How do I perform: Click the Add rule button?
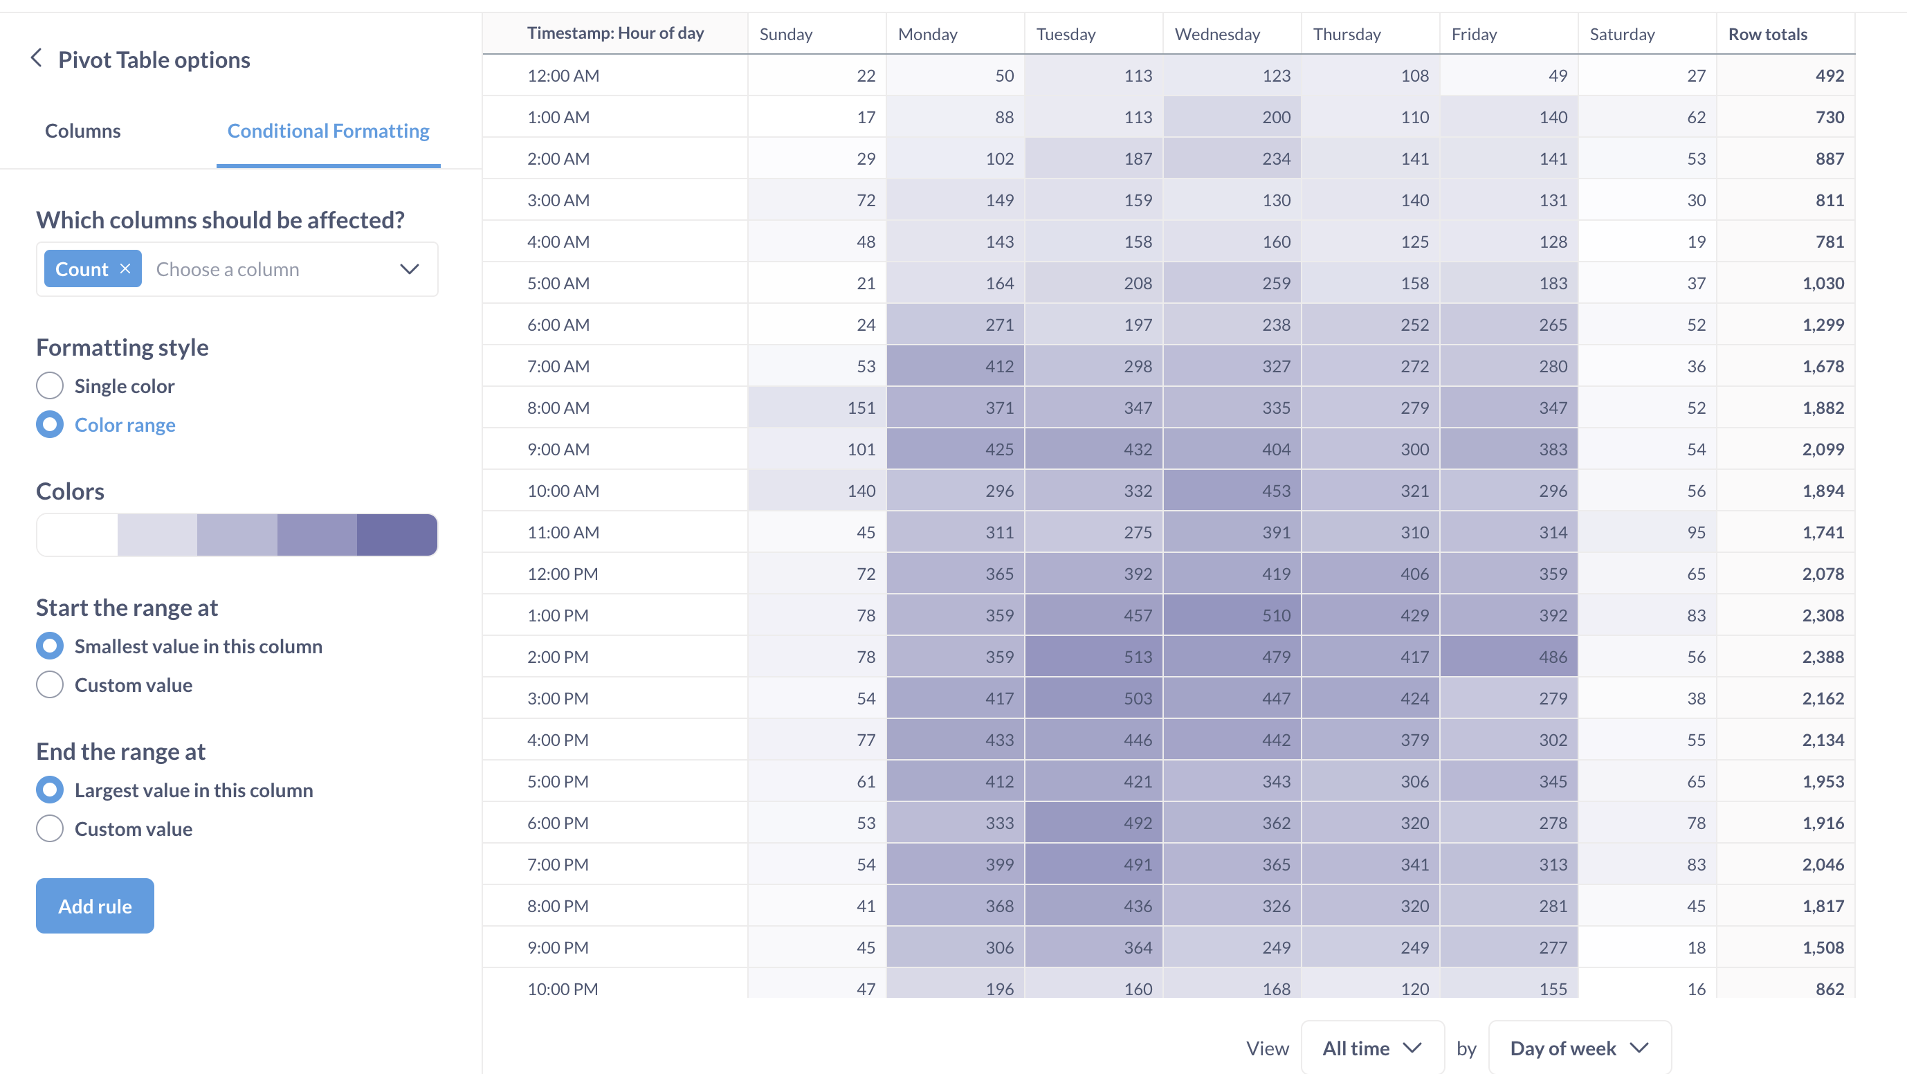95,905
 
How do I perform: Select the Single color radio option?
50,385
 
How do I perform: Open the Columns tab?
82,130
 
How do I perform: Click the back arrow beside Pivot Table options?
36,57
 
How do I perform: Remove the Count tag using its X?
125,268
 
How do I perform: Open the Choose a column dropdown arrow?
410,268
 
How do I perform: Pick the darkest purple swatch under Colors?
396,534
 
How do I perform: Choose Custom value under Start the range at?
50,684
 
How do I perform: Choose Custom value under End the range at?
50,828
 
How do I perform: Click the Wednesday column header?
1217,34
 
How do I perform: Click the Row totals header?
1767,34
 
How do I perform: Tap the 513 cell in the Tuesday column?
1137,657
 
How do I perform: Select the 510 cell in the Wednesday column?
1275,615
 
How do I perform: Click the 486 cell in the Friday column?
1553,657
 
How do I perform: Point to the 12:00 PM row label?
563,574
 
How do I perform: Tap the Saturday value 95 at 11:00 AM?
1695,532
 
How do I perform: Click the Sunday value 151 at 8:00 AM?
861,408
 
